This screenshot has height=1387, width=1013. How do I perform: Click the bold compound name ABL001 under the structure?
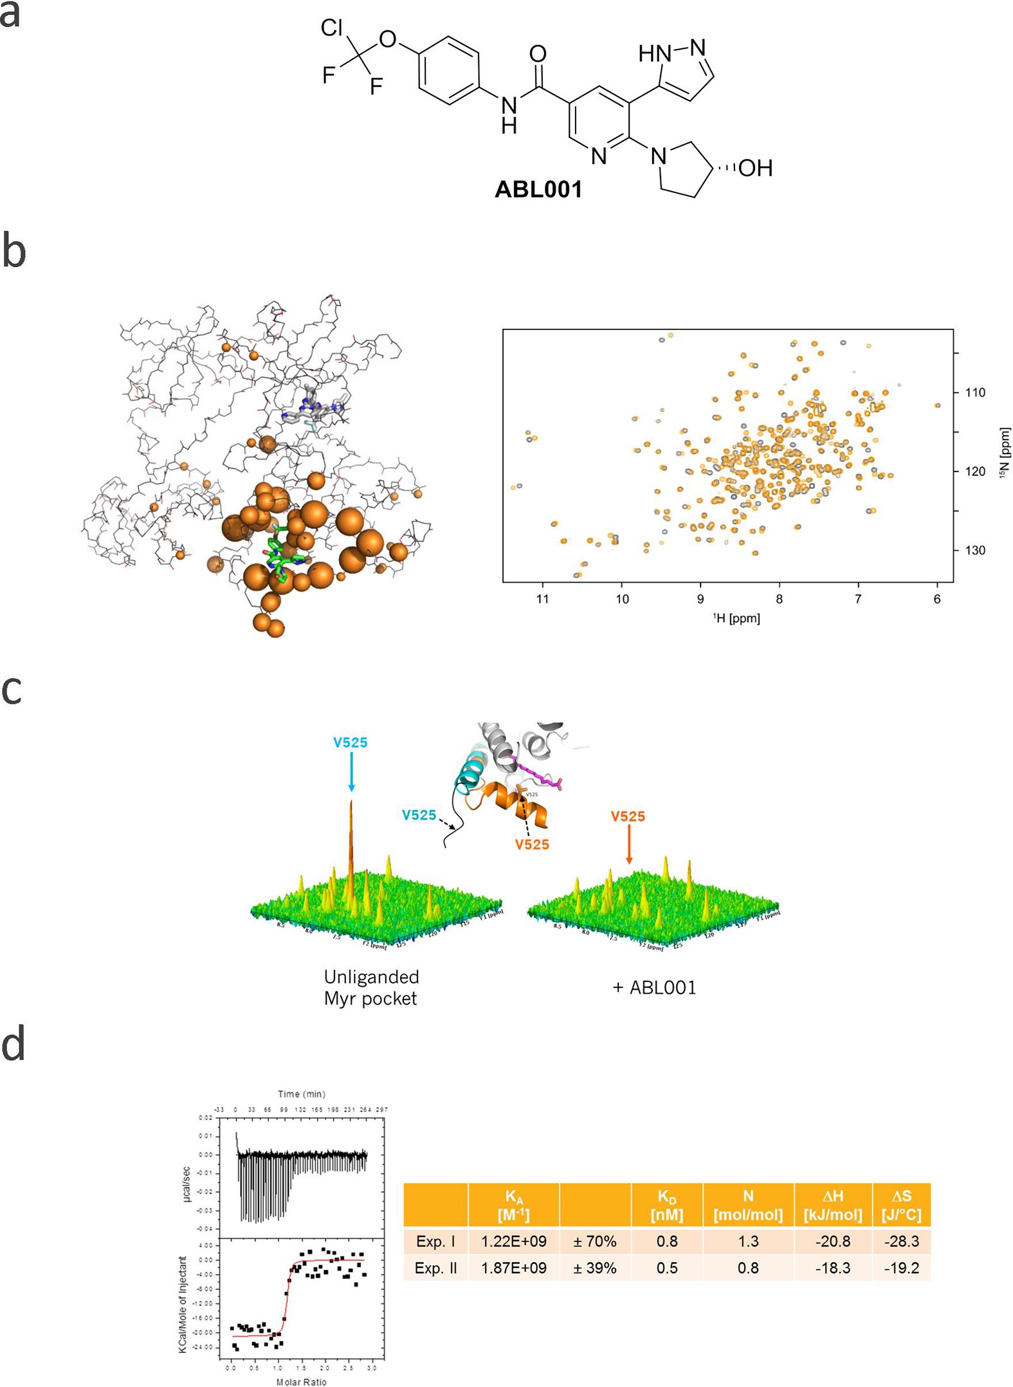[x=538, y=189]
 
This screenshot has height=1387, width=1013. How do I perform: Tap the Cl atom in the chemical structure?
[x=332, y=28]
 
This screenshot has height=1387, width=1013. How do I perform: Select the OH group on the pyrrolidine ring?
[x=755, y=169]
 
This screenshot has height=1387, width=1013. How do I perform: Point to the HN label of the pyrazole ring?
[x=655, y=54]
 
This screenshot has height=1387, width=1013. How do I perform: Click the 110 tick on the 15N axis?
[x=974, y=392]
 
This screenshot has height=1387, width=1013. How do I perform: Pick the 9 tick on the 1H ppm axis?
[x=700, y=599]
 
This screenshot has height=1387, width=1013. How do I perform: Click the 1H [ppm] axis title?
[x=736, y=618]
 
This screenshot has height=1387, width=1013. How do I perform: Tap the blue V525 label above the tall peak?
[x=350, y=742]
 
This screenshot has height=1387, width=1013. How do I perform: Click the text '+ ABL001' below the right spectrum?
[x=653, y=987]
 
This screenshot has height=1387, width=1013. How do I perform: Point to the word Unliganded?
[x=371, y=977]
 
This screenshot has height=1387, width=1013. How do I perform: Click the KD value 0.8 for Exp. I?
[x=667, y=1241]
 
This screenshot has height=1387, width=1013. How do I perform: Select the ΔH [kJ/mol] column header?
[x=833, y=1205]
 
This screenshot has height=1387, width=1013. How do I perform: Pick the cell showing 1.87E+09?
[x=514, y=1268]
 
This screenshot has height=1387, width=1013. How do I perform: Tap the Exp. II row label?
[x=435, y=1268]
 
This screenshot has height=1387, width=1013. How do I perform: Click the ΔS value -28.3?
[x=901, y=1241]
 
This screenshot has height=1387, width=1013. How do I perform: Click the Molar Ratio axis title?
[x=302, y=1381]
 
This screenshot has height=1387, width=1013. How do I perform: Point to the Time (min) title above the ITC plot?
[x=302, y=1094]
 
